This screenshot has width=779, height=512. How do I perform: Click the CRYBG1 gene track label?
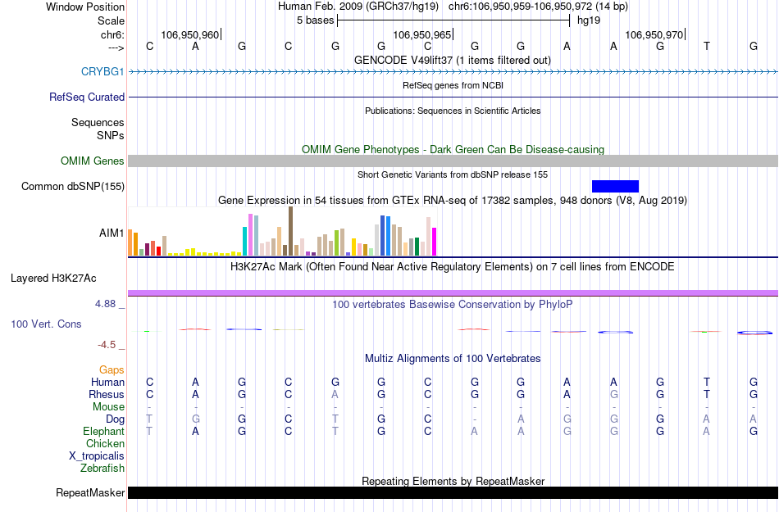coord(102,71)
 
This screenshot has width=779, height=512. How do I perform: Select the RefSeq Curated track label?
coord(87,97)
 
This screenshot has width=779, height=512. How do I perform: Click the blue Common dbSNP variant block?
coord(615,186)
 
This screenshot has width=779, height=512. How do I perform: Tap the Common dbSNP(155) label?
coord(73,187)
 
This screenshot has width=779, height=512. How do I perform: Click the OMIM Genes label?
coord(93,161)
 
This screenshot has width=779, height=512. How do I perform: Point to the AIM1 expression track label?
coord(112,233)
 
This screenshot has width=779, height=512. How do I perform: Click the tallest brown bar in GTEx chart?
coord(290,231)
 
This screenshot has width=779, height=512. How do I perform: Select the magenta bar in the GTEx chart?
coord(434,241)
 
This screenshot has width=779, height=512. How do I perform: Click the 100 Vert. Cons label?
coord(46,324)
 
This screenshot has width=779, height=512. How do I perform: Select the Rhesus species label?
coord(107,394)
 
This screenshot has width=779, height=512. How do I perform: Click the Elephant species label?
coord(104,431)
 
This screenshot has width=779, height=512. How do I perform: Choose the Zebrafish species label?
coord(102,468)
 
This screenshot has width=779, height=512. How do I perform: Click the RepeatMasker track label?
coord(90,493)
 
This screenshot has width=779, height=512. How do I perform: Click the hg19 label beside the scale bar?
coord(588,20)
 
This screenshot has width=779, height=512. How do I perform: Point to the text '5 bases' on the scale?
coord(314,20)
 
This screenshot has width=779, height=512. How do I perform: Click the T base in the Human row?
coord(707,382)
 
